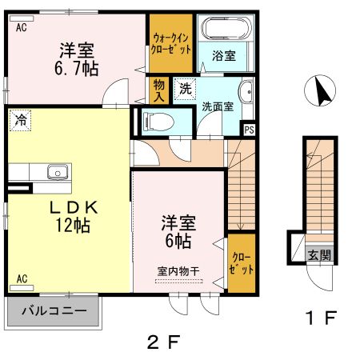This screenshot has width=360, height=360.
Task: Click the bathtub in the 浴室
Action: [226, 28]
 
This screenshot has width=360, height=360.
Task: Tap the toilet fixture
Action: [158, 122]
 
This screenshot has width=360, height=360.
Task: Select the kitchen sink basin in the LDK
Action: [58, 172]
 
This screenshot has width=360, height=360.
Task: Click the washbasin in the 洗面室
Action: [246, 92]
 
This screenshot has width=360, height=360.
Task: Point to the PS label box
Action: [249, 130]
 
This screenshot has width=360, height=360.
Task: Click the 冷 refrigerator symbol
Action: [21, 120]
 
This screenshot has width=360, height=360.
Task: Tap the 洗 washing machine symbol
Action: [186, 89]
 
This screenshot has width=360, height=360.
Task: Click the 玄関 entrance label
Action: [319, 255]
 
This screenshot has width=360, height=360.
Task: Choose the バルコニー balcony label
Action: [54, 310]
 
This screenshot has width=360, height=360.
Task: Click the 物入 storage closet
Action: [158, 90]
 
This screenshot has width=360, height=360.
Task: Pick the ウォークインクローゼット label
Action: [171, 44]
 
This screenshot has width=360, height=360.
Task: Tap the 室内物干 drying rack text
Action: [178, 271]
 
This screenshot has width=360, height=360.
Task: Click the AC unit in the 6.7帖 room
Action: [22, 18]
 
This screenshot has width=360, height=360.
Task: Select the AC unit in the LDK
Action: [22, 288]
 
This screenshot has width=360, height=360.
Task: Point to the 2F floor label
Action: [164, 342]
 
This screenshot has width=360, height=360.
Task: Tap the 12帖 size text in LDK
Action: [73, 226]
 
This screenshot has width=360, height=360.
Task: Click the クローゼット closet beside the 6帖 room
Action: [242, 263]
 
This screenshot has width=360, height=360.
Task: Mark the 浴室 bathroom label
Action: [224, 56]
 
